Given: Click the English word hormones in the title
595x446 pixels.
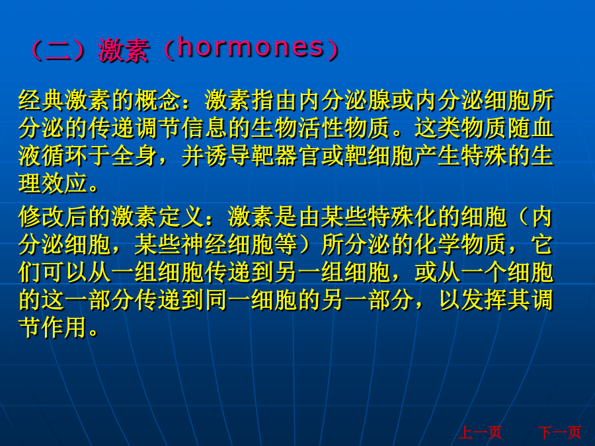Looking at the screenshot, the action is coord(251,48).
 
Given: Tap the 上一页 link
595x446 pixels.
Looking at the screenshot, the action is coord(480,432).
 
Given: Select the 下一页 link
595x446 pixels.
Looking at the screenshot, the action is coord(560,432).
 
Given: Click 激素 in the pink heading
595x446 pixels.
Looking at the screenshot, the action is coord(123,50).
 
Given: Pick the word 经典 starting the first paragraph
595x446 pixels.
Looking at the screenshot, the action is coord(42,100).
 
